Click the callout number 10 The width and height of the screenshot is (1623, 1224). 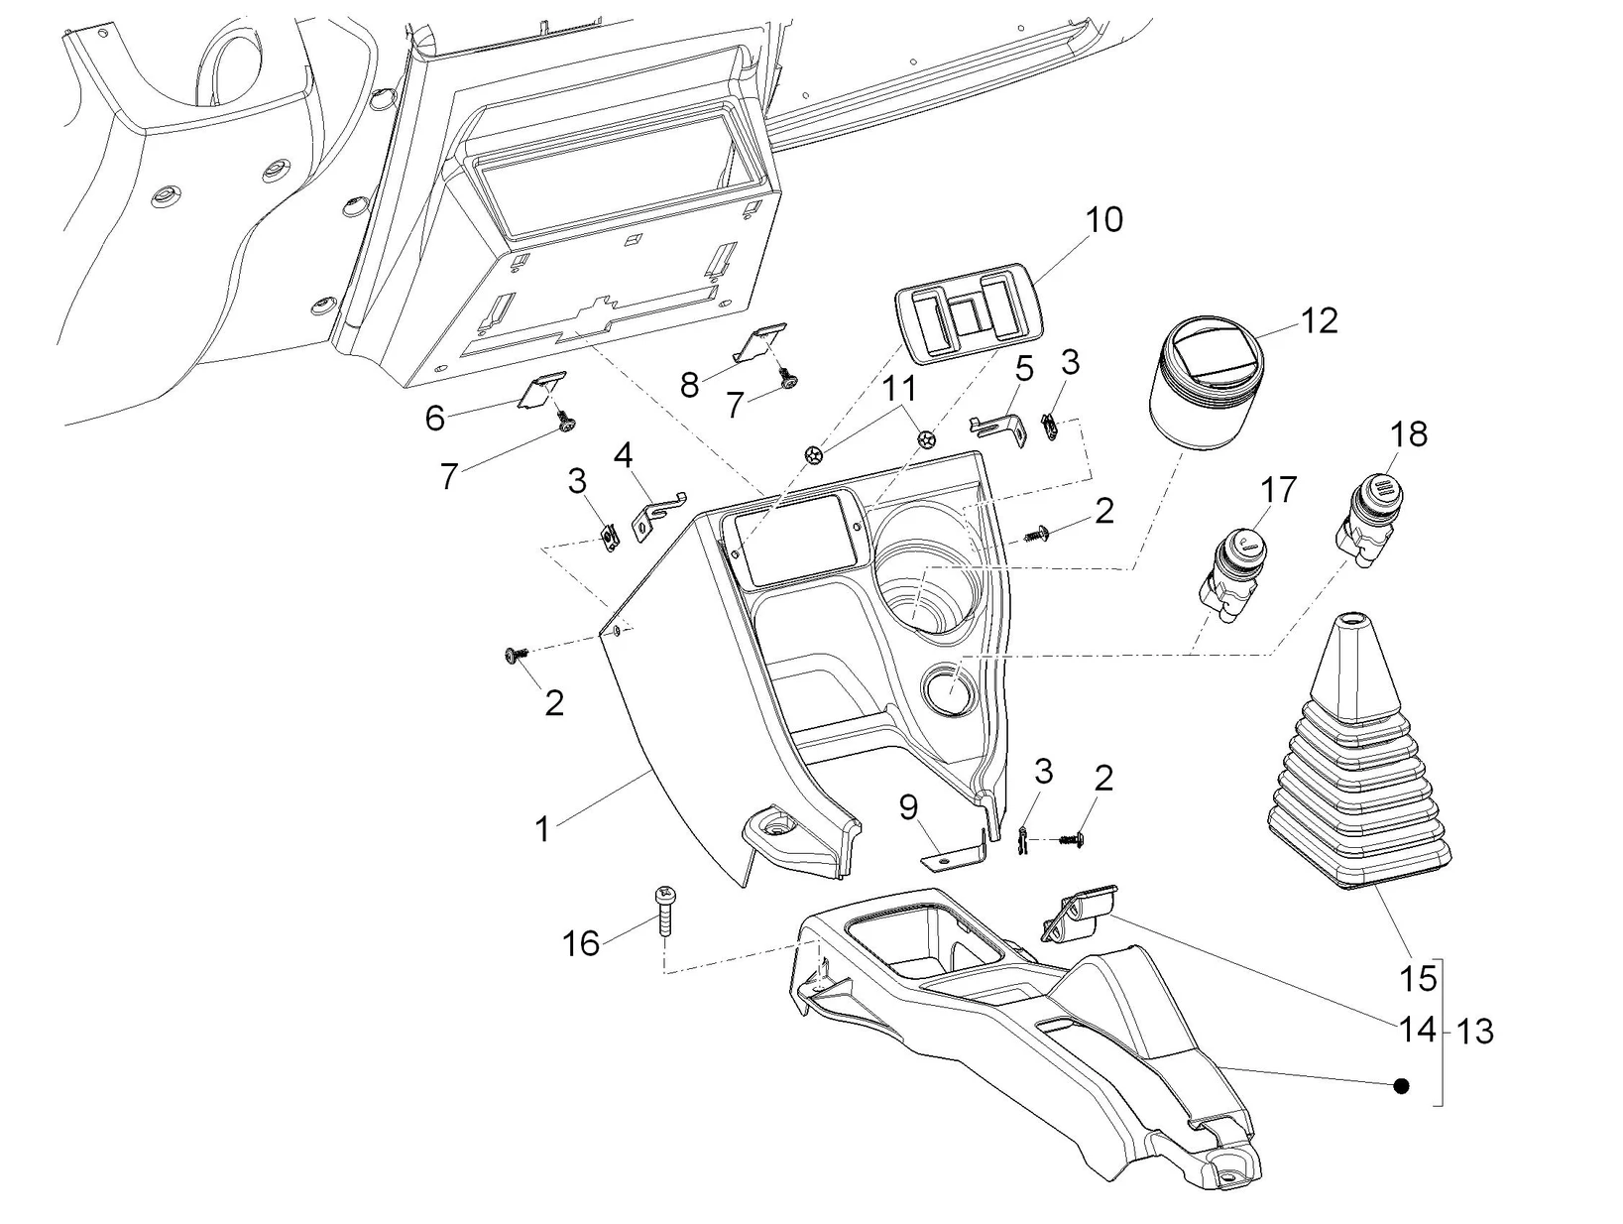pos(1103,219)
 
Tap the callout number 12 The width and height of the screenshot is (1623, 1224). pos(1319,320)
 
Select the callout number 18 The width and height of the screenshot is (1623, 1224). pos(1409,433)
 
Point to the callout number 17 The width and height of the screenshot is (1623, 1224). pos(1278,489)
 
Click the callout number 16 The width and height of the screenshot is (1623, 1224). pos(581,943)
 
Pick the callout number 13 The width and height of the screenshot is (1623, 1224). pos(1475,1032)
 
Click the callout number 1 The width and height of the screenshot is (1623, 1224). pos(542,828)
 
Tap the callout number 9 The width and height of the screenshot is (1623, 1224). pos(909,807)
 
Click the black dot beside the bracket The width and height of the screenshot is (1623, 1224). pos(1401,1086)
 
